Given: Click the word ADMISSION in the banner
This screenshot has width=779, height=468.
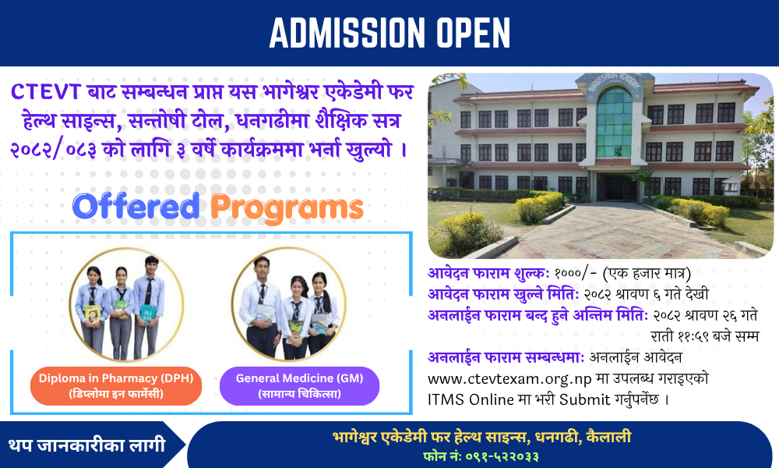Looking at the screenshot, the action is (x=347, y=33).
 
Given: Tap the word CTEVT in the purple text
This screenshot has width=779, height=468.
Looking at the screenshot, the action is (x=45, y=92).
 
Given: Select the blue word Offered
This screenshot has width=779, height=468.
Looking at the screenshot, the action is (x=136, y=206).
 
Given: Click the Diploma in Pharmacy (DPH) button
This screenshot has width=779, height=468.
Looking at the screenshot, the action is (x=116, y=386).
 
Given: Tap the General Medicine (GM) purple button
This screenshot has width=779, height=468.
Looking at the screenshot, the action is (x=300, y=386).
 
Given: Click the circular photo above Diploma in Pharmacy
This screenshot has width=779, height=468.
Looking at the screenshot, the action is (x=126, y=304).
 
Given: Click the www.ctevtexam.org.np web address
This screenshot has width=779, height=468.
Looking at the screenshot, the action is (x=509, y=379).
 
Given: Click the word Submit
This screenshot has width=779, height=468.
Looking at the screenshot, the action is (x=585, y=400).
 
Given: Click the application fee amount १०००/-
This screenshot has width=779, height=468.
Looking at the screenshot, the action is (x=576, y=274).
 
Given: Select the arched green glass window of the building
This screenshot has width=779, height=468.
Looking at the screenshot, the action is (x=615, y=122).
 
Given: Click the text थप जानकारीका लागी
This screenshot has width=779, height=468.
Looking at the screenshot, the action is (x=86, y=445).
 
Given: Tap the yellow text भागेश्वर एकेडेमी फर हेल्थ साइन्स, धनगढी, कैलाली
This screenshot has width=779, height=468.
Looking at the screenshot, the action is (x=482, y=437).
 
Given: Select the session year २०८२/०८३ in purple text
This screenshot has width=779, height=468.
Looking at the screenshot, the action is (x=53, y=150).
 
